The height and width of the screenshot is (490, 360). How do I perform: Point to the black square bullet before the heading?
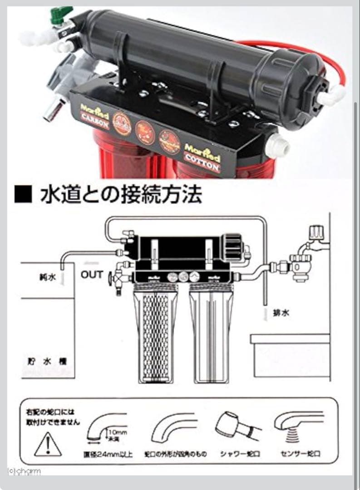tap(24, 195)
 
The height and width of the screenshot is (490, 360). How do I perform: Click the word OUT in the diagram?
tap(92, 274)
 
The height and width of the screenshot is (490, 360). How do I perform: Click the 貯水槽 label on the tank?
tap(47, 362)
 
